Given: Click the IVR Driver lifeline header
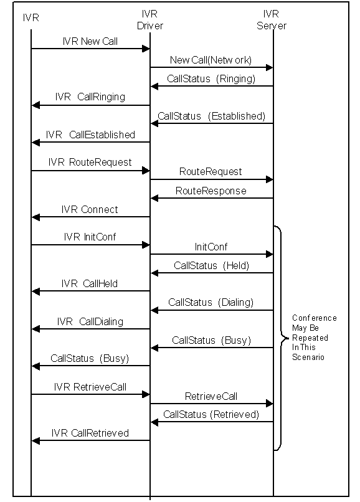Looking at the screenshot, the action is point(150,20).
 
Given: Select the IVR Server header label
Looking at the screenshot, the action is point(272,20).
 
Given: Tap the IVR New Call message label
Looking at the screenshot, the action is point(90,41).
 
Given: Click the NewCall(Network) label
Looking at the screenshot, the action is point(211,60).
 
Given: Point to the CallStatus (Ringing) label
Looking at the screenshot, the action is point(211,78).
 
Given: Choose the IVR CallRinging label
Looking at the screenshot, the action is point(90,97).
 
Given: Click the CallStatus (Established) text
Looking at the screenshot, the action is point(211,116).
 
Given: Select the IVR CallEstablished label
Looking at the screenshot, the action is point(90,135).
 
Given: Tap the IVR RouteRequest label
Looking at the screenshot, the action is point(90,163).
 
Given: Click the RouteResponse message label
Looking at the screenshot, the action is point(211,191).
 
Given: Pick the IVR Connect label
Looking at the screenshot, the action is point(90,210).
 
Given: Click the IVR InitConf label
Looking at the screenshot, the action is point(90,237).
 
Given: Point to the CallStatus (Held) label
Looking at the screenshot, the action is point(211,266).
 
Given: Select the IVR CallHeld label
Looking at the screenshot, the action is point(90,283).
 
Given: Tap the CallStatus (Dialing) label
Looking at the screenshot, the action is point(211,303).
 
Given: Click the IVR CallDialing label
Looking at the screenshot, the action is point(90,322).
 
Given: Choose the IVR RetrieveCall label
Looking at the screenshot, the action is point(90,387).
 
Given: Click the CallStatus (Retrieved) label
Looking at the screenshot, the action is point(211,415).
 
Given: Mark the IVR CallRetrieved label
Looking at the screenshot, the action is point(90,433).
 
